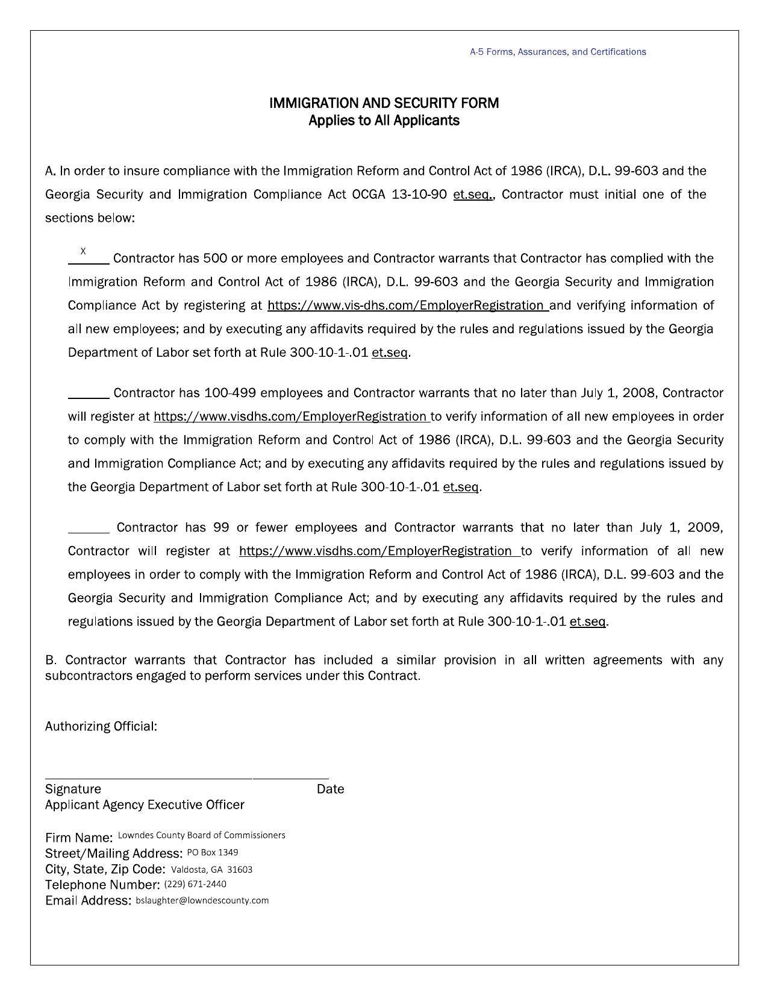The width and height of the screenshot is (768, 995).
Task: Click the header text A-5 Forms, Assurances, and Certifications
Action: click(x=557, y=52)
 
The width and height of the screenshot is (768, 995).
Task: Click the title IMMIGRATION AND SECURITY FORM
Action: click(x=384, y=103)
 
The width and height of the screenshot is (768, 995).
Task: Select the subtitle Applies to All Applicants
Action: click(x=384, y=121)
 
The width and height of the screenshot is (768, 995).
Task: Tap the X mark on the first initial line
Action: click(x=83, y=251)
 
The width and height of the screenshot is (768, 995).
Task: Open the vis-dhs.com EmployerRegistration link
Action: click(x=407, y=306)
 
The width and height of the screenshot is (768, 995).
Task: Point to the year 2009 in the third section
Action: click(x=704, y=528)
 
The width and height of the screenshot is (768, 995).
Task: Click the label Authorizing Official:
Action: click(x=101, y=726)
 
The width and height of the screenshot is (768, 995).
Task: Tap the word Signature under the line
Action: click(x=73, y=789)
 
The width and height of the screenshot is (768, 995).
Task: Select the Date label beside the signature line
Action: click(x=330, y=789)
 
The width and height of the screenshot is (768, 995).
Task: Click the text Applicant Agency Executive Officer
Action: click(x=145, y=805)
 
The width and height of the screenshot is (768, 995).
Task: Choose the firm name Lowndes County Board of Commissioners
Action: click(x=201, y=835)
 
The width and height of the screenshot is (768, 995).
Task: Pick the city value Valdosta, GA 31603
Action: click(x=211, y=869)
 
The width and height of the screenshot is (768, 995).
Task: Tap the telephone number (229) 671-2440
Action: click(x=195, y=884)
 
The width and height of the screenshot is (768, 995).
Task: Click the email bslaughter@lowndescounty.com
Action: click(x=202, y=900)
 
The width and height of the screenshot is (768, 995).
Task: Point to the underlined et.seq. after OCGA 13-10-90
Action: click(x=473, y=195)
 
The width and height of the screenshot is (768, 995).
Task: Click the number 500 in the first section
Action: click(x=214, y=259)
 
